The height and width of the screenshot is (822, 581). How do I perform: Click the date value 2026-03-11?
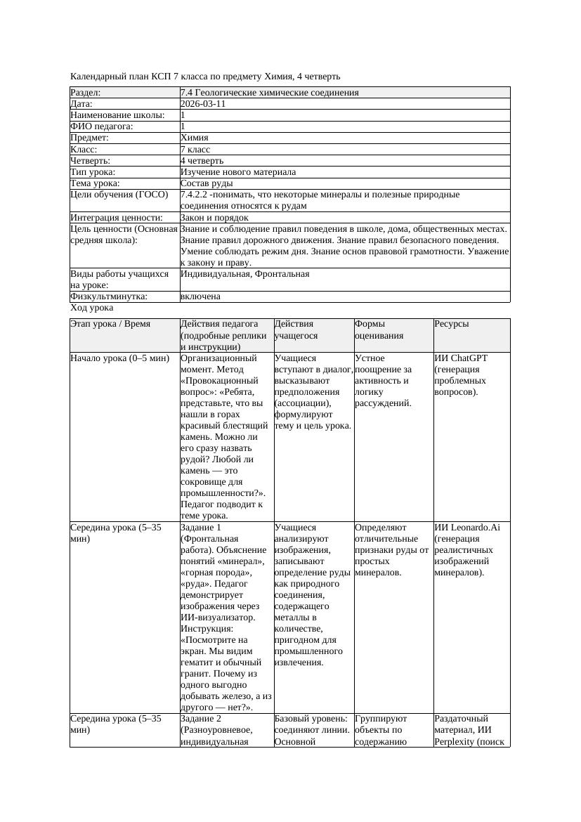click(203, 104)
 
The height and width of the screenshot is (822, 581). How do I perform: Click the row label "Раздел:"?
click(86, 93)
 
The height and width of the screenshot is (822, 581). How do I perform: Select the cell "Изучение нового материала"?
click(238, 172)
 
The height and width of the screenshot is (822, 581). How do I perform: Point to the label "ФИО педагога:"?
click(102, 126)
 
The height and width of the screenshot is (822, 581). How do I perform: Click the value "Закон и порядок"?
click(214, 218)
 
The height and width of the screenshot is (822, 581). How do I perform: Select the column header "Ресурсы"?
click(452, 324)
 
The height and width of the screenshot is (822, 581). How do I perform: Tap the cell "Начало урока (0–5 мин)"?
click(119, 358)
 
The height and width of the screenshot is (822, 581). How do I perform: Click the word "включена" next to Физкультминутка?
click(200, 296)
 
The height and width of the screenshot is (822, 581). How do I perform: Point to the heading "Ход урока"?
click(92, 308)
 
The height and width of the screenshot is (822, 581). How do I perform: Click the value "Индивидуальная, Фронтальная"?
click(244, 274)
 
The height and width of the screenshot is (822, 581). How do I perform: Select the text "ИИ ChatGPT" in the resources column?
click(461, 358)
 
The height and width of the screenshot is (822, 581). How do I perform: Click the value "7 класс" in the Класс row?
click(195, 150)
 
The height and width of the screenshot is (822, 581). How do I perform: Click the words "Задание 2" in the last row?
click(201, 719)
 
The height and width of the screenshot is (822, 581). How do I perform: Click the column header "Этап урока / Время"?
click(115, 324)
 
